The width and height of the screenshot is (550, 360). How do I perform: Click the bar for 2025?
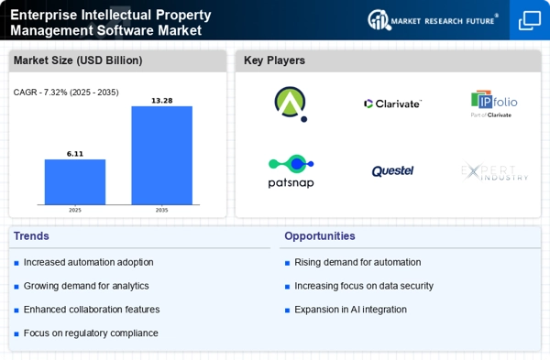(75, 182)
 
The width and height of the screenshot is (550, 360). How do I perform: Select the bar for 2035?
(162, 156)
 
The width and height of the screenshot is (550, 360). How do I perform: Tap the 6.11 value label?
(75, 154)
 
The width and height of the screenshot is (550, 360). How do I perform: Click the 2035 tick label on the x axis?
(162, 210)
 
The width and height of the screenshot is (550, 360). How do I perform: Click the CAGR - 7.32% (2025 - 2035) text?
(65, 92)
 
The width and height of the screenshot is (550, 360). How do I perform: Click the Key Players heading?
(275, 60)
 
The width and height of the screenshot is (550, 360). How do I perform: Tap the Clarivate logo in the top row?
(392, 104)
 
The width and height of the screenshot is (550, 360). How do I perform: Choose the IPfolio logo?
(494, 104)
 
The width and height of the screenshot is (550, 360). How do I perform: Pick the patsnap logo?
(291, 170)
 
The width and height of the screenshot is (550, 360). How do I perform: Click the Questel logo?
(392, 171)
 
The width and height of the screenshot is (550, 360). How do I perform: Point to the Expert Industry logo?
(494, 171)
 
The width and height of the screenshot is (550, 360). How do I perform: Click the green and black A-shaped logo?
(291, 104)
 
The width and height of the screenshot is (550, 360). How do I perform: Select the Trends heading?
(33, 236)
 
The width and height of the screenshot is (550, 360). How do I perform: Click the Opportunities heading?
(320, 236)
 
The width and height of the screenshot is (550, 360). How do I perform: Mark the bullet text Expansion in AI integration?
(351, 310)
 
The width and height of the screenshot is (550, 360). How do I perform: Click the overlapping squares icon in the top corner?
(530, 20)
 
